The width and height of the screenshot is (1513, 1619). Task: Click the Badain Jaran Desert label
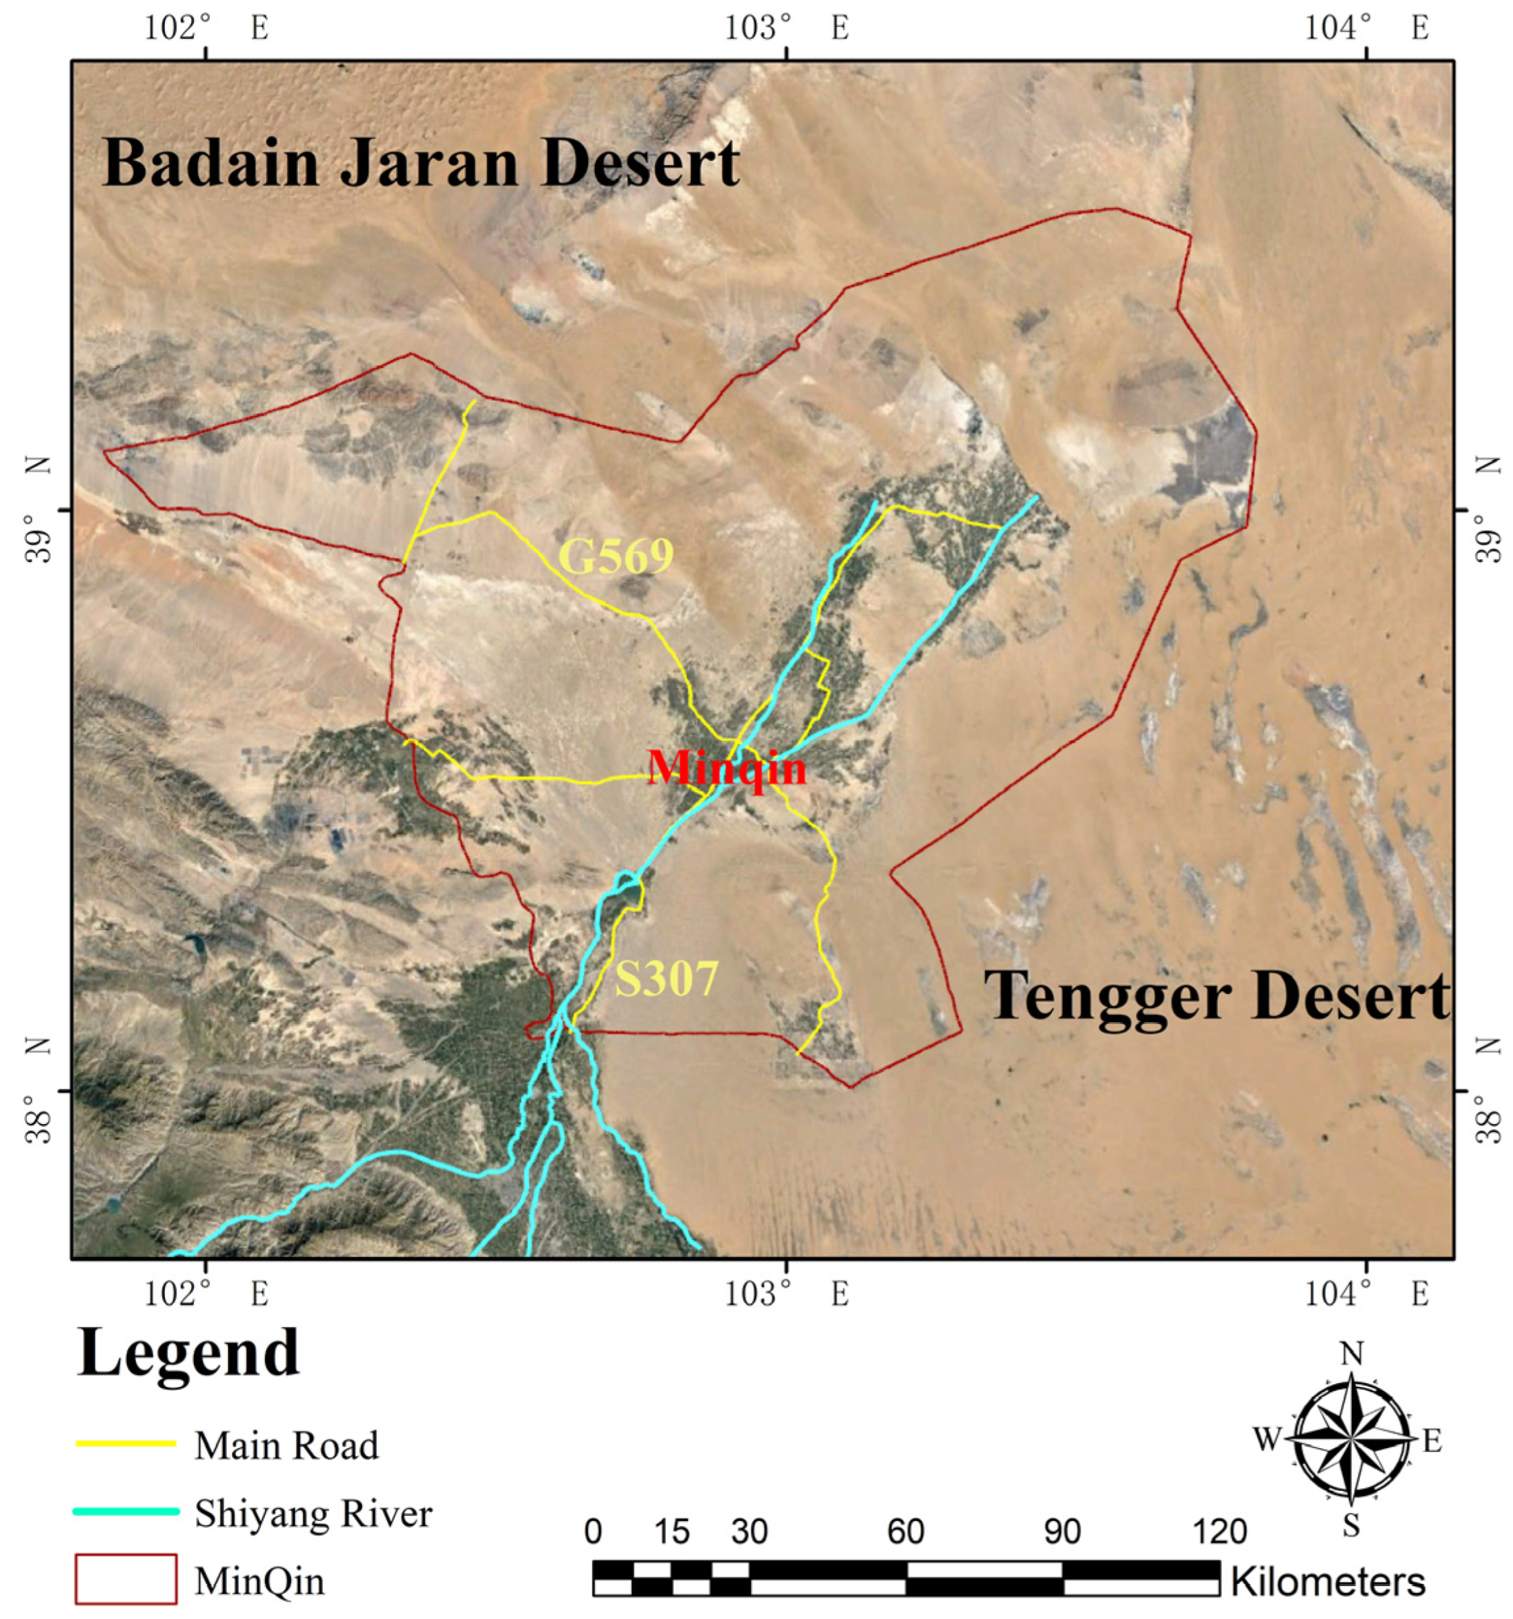[421, 163]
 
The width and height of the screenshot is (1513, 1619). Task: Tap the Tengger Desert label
[1217, 995]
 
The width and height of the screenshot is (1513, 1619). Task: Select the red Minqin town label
[726, 768]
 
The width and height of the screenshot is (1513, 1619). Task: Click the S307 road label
[666, 978]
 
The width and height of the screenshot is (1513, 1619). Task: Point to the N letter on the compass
[1352, 1354]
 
